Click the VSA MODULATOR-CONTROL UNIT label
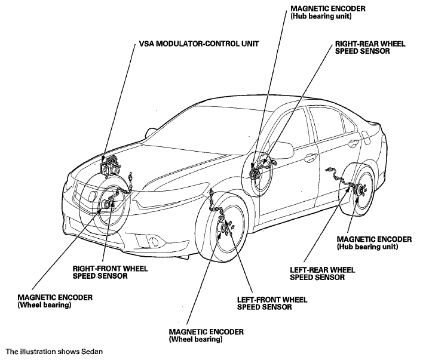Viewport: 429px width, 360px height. [x=199, y=44]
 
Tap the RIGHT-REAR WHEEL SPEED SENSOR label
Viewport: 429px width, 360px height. [x=370, y=48]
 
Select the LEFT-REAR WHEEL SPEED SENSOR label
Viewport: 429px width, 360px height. [x=322, y=273]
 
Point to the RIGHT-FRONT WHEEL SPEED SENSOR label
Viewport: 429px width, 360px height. [x=110, y=272]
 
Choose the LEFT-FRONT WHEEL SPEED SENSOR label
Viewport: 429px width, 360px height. [x=272, y=303]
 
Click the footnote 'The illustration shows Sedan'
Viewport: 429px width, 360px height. [x=54, y=352]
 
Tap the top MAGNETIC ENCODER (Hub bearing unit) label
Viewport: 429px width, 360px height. [x=328, y=13]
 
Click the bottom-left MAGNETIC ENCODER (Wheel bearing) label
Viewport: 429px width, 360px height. [x=55, y=301]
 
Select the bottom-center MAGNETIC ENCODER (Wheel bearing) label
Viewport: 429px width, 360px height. [x=206, y=336]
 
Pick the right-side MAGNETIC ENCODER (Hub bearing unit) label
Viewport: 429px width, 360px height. [x=374, y=243]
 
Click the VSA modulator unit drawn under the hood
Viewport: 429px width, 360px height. [x=110, y=166]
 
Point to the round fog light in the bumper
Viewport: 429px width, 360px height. [x=155, y=242]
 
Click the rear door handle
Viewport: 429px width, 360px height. [x=355, y=142]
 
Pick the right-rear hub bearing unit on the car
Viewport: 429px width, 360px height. [x=256, y=173]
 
